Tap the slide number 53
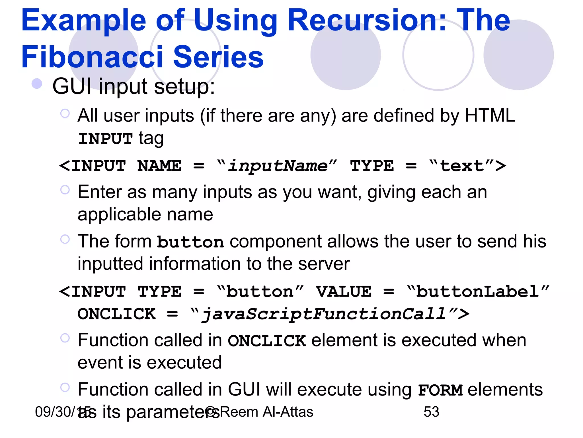pos(431,412)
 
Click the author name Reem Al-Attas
pos(266,412)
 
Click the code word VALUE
pos(344,292)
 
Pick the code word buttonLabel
pos(477,292)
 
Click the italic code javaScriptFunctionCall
pos(323,314)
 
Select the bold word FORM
pos(440,390)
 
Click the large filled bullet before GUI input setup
pos(37,84)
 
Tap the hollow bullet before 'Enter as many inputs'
pos(65,190)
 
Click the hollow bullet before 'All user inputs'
pos(65,113)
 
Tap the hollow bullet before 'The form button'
pos(65,239)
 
